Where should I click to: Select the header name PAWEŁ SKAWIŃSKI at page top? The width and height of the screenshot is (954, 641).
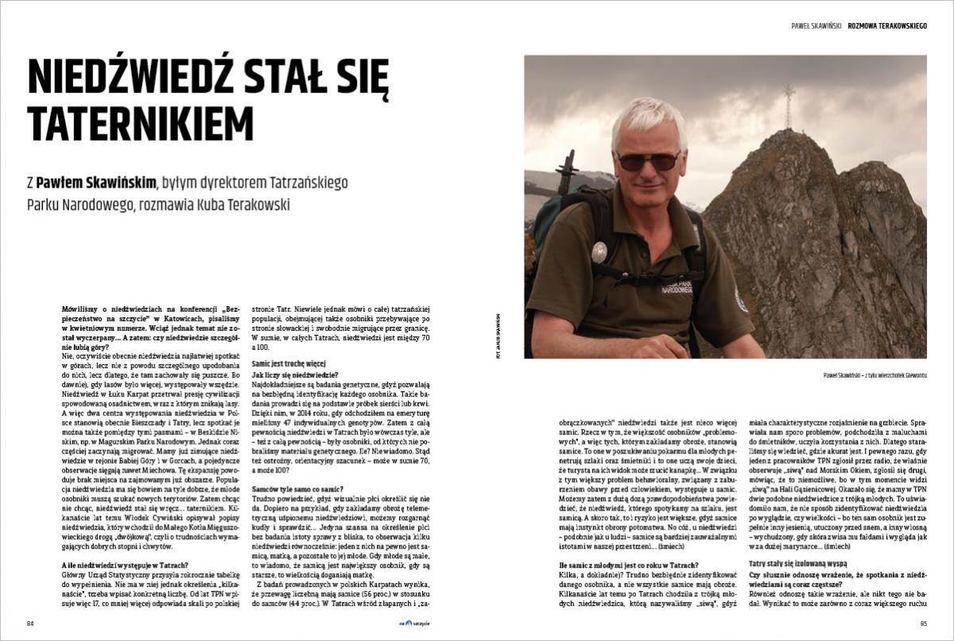[816, 26]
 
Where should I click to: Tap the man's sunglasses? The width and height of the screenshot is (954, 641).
[649, 160]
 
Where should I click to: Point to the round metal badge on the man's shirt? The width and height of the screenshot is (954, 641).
[599, 252]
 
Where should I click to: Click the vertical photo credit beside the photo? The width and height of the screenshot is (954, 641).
[498, 335]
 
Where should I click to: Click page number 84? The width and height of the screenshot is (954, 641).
[31, 623]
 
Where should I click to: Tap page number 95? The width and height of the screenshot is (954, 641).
[923, 623]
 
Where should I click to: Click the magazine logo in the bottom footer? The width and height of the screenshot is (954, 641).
[414, 623]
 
